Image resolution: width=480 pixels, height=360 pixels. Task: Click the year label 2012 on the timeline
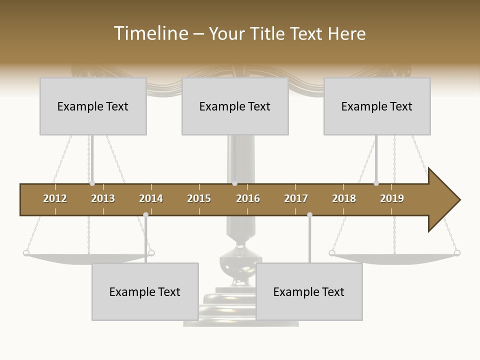[x=55, y=198]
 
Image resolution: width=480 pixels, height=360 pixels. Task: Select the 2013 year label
[x=103, y=198]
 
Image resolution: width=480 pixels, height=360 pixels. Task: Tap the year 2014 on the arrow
[x=151, y=198]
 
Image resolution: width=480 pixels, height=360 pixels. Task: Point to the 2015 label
[x=199, y=198]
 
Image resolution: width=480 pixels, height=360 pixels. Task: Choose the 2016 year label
[x=248, y=198]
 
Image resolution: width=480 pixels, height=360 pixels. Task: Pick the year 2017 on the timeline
[x=296, y=198]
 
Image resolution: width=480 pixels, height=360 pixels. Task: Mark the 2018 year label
[x=344, y=198]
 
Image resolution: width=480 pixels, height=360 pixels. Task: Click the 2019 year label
[x=392, y=198]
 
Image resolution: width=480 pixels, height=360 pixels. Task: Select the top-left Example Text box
[x=93, y=106]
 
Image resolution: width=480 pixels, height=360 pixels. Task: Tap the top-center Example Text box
[x=235, y=106]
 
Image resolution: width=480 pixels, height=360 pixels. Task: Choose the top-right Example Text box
[x=377, y=106]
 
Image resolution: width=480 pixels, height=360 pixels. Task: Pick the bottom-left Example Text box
[x=145, y=292]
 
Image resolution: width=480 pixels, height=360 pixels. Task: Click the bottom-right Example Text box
[x=309, y=292]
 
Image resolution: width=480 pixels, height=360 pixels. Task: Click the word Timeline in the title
[x=149, y=33]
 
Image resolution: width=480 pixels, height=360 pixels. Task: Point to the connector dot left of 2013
[x=92, y=183]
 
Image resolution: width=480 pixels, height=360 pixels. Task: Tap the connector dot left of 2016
[x=234, y=183]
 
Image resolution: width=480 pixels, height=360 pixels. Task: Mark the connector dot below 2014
[x=145, y=214]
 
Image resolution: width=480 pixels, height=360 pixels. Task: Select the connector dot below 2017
[x=309, y=214]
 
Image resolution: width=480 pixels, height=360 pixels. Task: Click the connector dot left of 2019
[x=376, y=183]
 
